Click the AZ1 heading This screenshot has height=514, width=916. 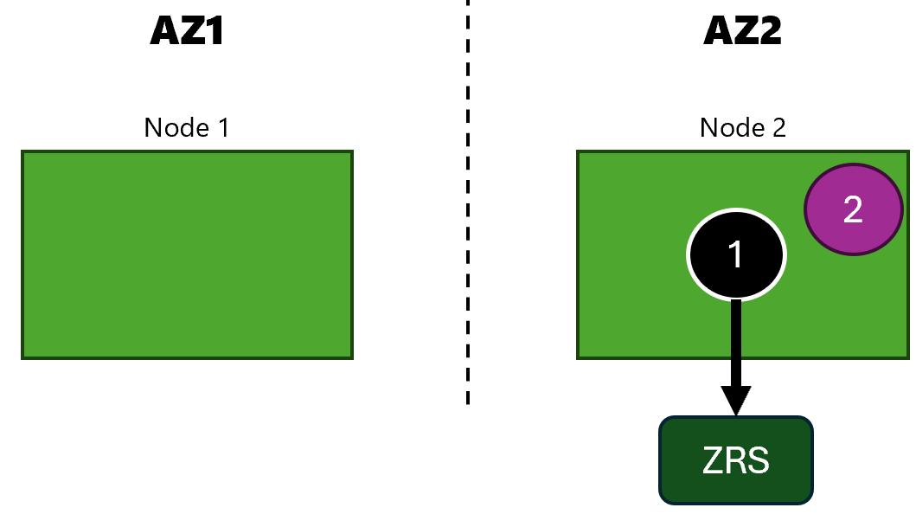pos(187,30)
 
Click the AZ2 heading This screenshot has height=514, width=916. pos(742,30)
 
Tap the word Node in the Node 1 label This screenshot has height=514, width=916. pos(176,127)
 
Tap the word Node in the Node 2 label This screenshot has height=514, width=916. pos(733,127)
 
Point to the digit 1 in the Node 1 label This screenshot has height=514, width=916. pos(223,127)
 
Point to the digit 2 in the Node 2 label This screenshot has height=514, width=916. pos(779,127)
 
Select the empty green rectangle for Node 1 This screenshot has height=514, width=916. pos(187,254)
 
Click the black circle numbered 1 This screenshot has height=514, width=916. pos(736,254)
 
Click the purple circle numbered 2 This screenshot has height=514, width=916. pos(854,209)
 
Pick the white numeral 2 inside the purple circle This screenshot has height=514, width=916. pos(853,209)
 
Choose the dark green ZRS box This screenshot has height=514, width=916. pos(736,460)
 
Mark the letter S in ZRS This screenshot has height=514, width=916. pos(759,460)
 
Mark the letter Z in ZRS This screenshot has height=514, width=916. pos(713,460)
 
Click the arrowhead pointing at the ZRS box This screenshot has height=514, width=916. pos(736,401)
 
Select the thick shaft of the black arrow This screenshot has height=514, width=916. pos(736,344)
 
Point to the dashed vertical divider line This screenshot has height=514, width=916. pos(468,202)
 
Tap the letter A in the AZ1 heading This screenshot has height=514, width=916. pos(162,30)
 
